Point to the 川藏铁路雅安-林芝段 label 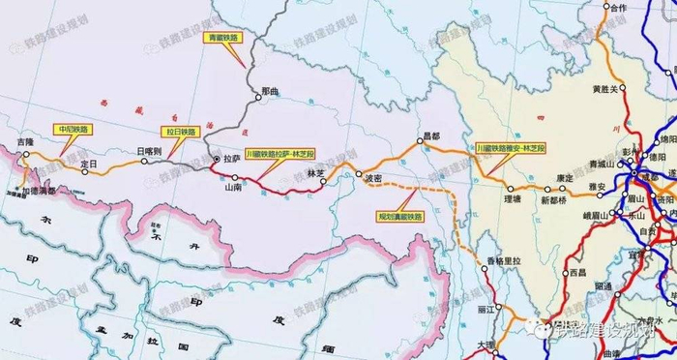[511, 147]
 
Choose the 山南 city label [233, 187]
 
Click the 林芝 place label [315, 173]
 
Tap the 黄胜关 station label [605, 90]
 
